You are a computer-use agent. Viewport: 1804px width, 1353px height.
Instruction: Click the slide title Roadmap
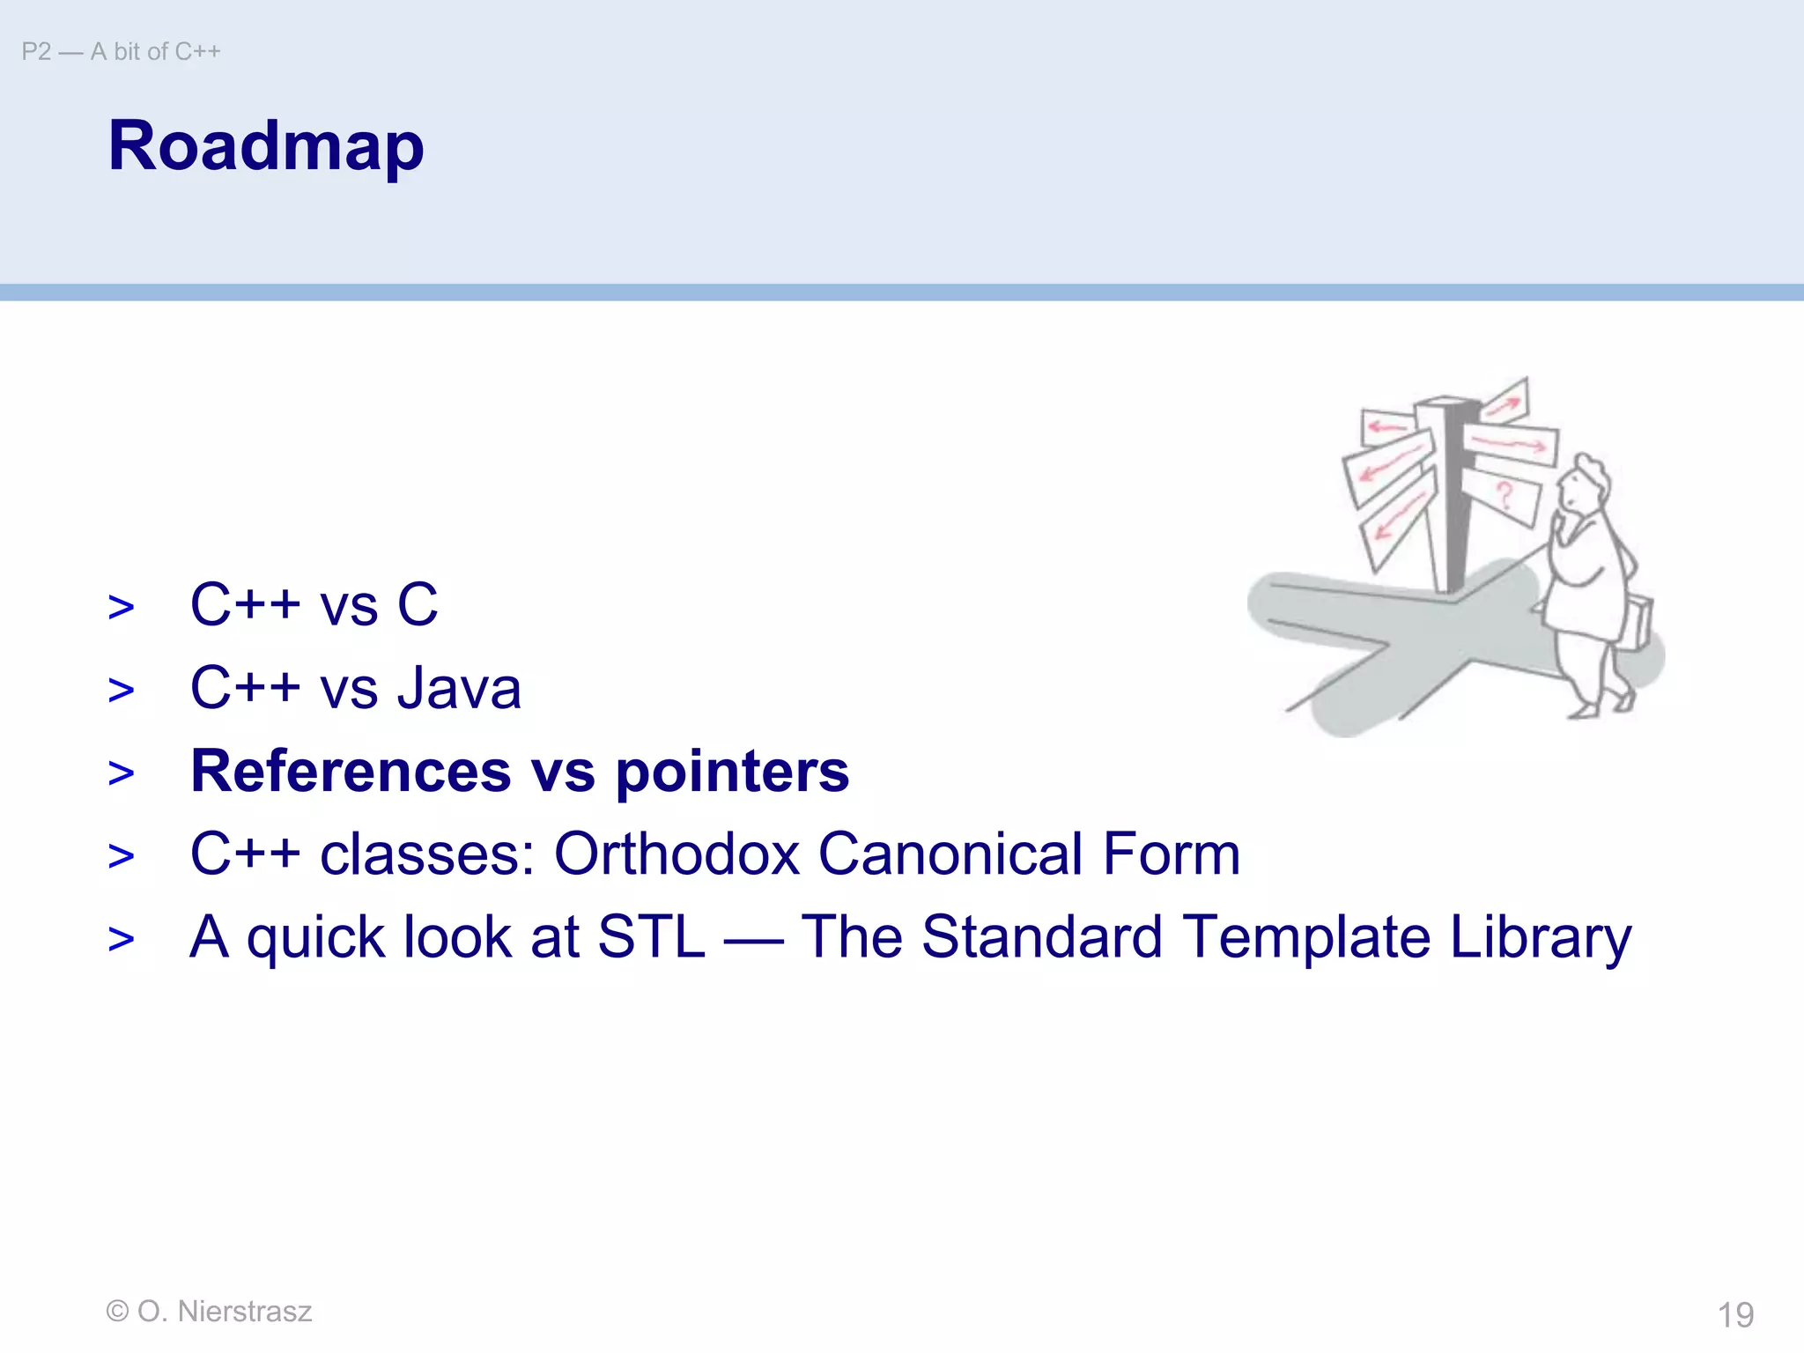tap(266, 146)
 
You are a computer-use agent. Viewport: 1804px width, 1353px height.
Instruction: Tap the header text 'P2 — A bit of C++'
tap(121, 52)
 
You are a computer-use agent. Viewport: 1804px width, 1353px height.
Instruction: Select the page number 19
tap(1735, 1315)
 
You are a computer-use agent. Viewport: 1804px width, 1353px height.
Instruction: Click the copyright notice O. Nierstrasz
tap(209, 1311)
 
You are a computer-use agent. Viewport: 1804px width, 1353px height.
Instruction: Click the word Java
tap(459, 688)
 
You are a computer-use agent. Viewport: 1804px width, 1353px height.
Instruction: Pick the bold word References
tap(351, 771)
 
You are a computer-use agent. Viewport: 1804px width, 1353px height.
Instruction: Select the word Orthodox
tap(676, 854)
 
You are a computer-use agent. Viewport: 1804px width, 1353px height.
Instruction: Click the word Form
tap(1171, 854)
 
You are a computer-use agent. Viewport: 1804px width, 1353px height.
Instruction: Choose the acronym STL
tap(651, 936)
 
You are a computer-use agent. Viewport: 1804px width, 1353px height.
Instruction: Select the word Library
tap(1541, 938)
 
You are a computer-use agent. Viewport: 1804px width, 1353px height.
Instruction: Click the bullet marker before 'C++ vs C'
tap(122, 607)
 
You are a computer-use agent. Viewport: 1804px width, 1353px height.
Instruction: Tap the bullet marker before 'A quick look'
tap(122, 939)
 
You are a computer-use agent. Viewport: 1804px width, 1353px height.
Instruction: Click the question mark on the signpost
tap(1505, 496)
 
